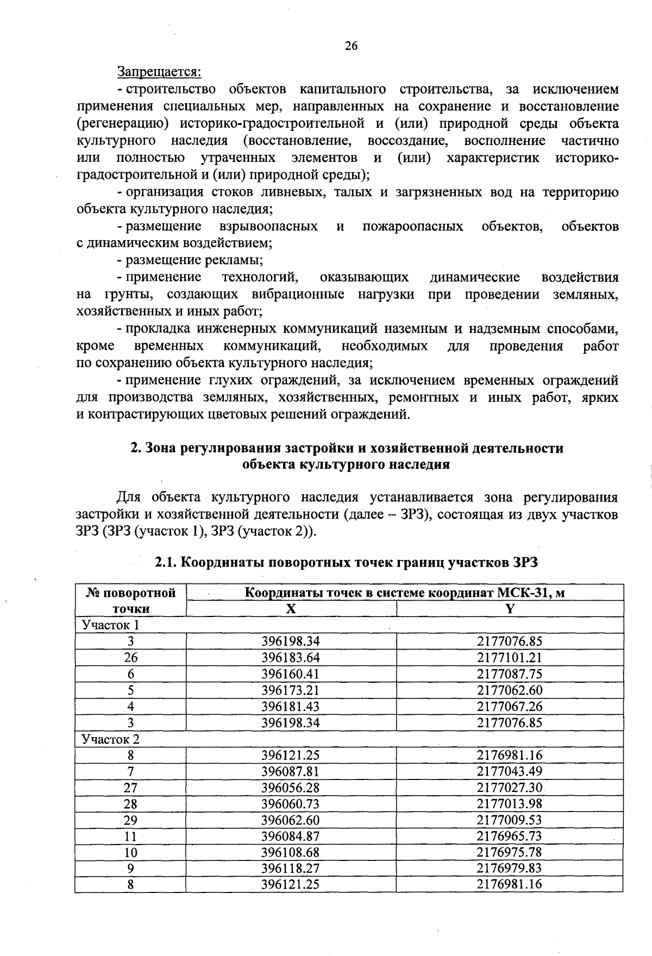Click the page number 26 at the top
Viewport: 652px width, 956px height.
point(351,46)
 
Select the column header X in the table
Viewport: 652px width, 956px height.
point(291,609)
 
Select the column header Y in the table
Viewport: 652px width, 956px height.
point(510,609)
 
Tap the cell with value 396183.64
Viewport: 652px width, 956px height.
point(291,658)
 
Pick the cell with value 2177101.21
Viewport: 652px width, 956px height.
point(510,658)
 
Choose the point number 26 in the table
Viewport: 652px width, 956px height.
point(130,658)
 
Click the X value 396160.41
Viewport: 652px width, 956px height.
point(291,674)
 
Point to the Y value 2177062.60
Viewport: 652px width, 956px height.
point(510,690)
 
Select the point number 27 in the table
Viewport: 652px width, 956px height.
point(130,788)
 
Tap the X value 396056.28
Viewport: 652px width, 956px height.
point(291,788)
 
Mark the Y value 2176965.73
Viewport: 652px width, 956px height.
point(510,836)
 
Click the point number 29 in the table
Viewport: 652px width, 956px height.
point(130,820)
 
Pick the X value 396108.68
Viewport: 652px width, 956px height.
point(291,852)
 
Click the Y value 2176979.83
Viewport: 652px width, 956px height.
point(510,868)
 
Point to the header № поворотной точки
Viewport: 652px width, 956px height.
point(130,601)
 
